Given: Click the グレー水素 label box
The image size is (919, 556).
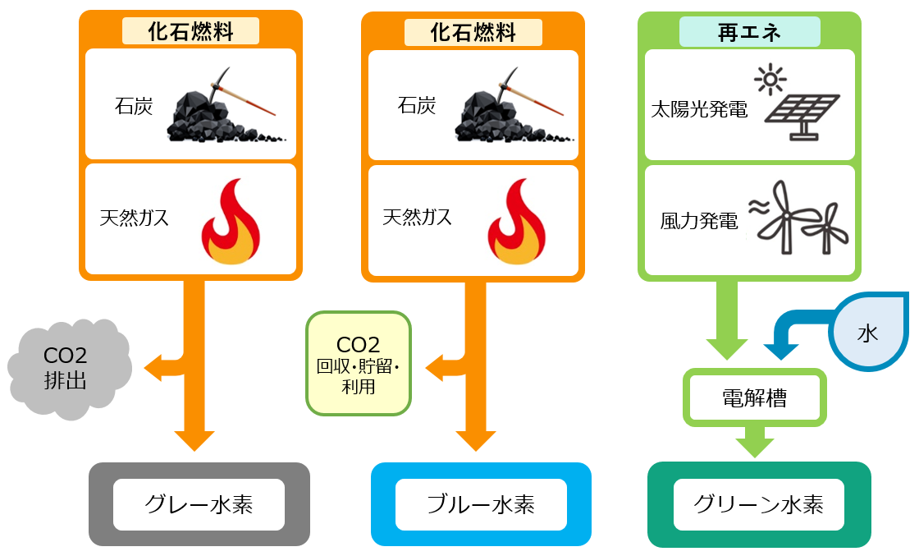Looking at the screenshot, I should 199,504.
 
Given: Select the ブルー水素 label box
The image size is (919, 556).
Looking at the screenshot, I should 481,504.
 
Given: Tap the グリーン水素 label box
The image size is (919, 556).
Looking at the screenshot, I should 758,504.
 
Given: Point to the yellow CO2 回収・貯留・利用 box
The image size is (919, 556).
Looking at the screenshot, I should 358,364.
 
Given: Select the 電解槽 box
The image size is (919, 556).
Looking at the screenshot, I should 754,398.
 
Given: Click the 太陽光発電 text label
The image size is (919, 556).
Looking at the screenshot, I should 699,109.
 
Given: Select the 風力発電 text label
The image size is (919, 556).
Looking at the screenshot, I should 699,221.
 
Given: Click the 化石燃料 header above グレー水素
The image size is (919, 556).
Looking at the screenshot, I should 190,32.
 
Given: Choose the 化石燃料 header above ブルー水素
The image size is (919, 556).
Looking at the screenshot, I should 473,32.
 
